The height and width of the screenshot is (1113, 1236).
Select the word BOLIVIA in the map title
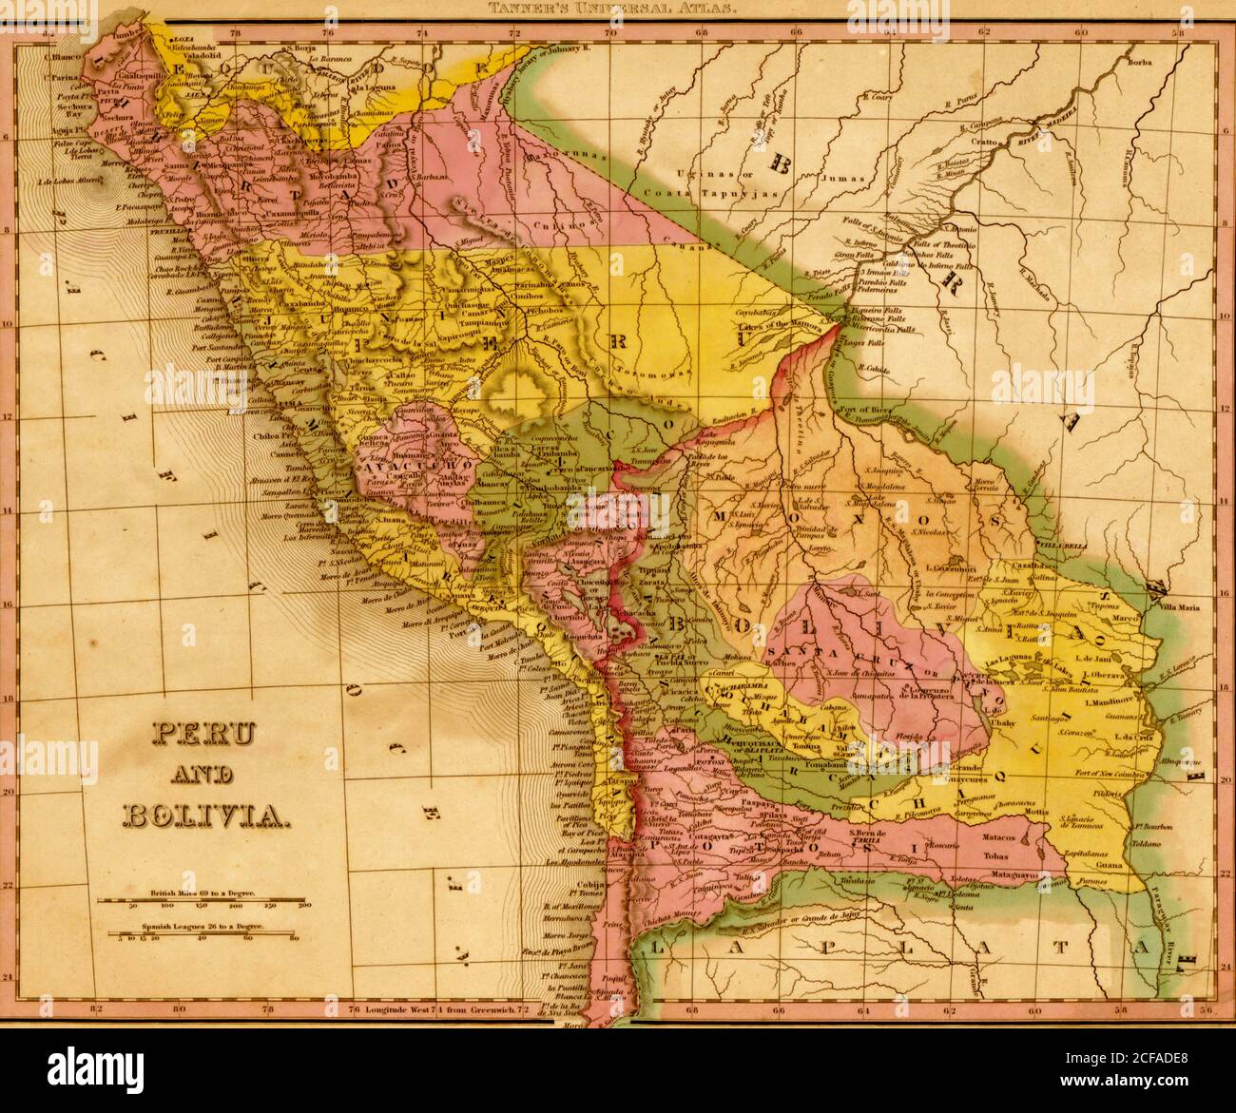click(x=202, y=814)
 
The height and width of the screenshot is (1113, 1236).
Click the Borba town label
click(x=1139, y=62)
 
